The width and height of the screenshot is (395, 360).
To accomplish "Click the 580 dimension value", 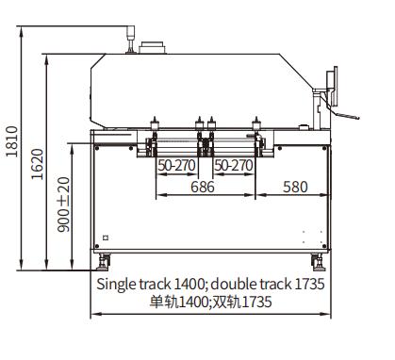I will click(x=295, y=188).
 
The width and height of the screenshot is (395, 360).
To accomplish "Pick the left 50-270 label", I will click(x=176, y=165).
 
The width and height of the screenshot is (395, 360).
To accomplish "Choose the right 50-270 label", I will click(x=232, y=165).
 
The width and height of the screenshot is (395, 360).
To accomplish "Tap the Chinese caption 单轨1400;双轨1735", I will click(x=210, y=302).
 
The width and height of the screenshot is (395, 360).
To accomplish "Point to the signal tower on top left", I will click(x=128, y=36).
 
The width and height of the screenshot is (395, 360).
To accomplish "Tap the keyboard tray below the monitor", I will click(x=346, y=115).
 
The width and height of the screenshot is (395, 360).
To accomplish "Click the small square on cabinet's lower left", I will click(x=106, y=237).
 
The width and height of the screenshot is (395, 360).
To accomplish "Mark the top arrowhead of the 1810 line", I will click(x=22, y=31).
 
